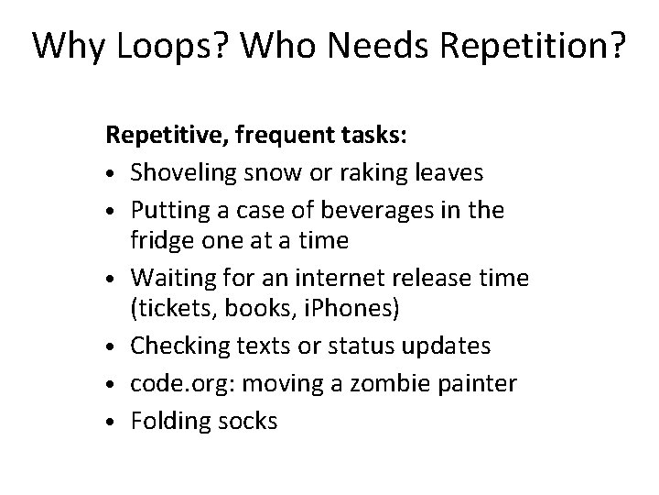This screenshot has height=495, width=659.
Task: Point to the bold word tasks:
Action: (x=377, y=137)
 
